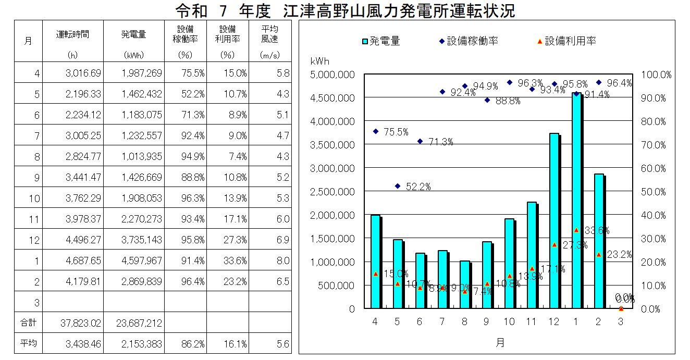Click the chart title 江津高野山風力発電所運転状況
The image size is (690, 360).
tap(345, 10)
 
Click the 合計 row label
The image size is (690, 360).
tap(28, 323)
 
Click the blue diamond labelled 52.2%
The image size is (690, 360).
tap(398, 186)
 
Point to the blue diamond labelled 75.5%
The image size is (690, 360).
tap(375, 131)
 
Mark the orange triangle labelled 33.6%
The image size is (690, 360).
tap(576, 230)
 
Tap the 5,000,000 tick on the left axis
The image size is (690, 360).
tap(332, 75)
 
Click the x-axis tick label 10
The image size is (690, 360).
tap(509, 322)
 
